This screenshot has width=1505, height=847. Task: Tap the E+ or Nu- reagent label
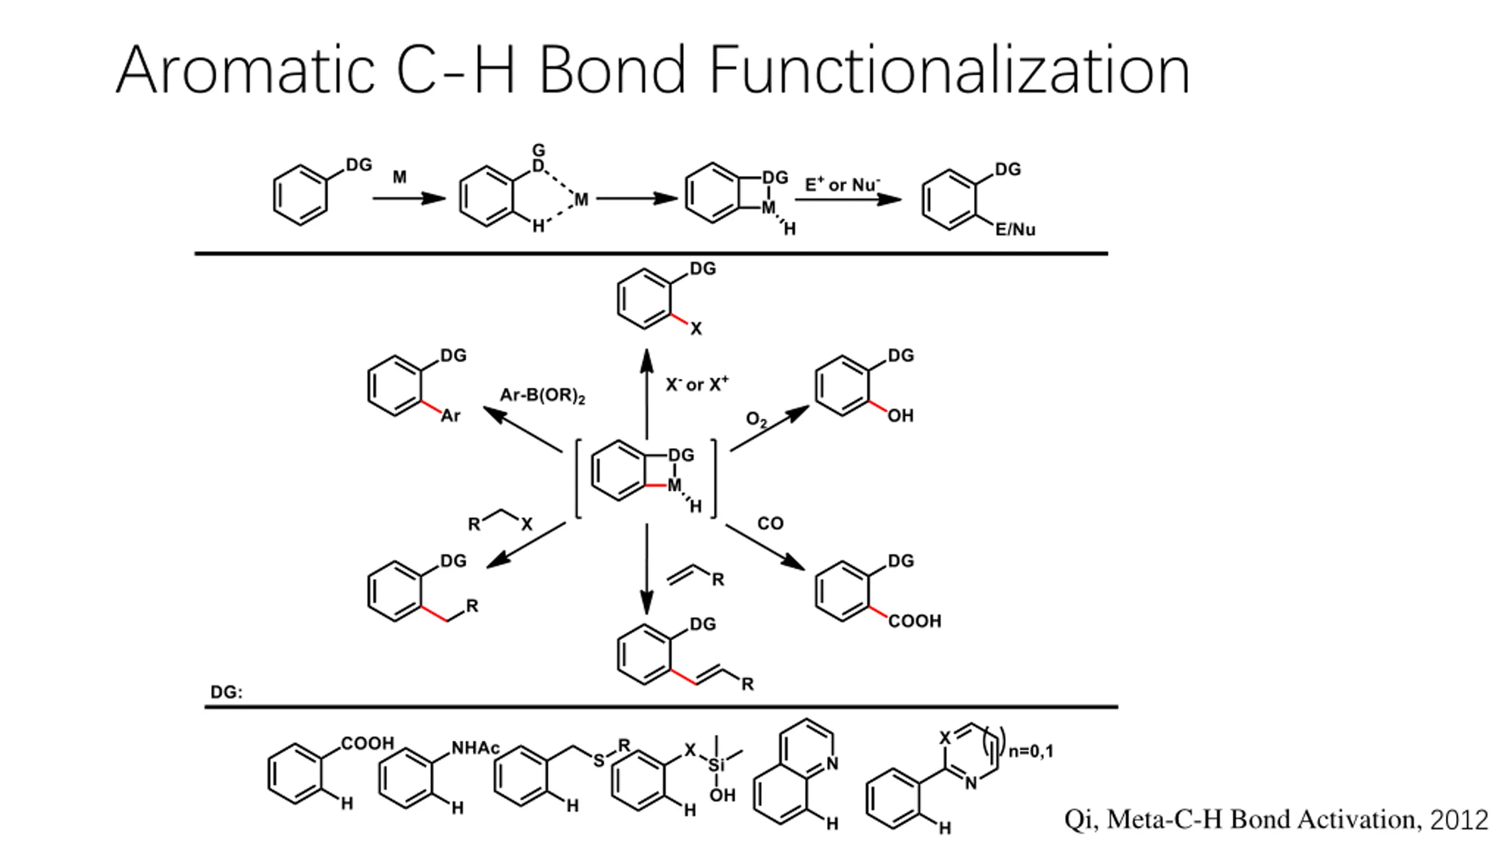[x=842, y=185]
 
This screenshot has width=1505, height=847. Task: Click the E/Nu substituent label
[x=1015, y=230]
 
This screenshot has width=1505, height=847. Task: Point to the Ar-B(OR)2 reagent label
[x=542, y=395]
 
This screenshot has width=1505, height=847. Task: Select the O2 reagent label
[x=756, y=419]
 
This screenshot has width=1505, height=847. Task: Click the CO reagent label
[x=770, y=523]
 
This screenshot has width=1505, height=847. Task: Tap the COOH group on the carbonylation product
[x=914, y=621]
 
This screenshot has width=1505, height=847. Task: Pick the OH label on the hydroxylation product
[x=900, y=416]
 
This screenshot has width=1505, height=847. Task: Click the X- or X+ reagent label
[x=697, y=385]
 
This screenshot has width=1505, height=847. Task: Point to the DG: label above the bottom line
[x=226, y=692]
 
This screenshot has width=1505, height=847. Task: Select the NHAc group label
[x=475, y=748]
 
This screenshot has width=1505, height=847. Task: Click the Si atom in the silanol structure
[x=716, y=765]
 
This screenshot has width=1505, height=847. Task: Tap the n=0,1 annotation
[x=1031, y=751]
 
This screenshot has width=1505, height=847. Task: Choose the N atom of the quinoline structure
[x=832, y=763]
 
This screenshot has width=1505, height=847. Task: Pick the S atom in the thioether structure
[x=598, y=761]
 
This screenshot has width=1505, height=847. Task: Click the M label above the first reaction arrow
[x=399, y=177]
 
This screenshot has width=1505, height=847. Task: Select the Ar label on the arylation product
[x=450, y=416]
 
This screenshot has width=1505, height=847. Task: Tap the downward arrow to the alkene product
[x=647, y=568]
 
